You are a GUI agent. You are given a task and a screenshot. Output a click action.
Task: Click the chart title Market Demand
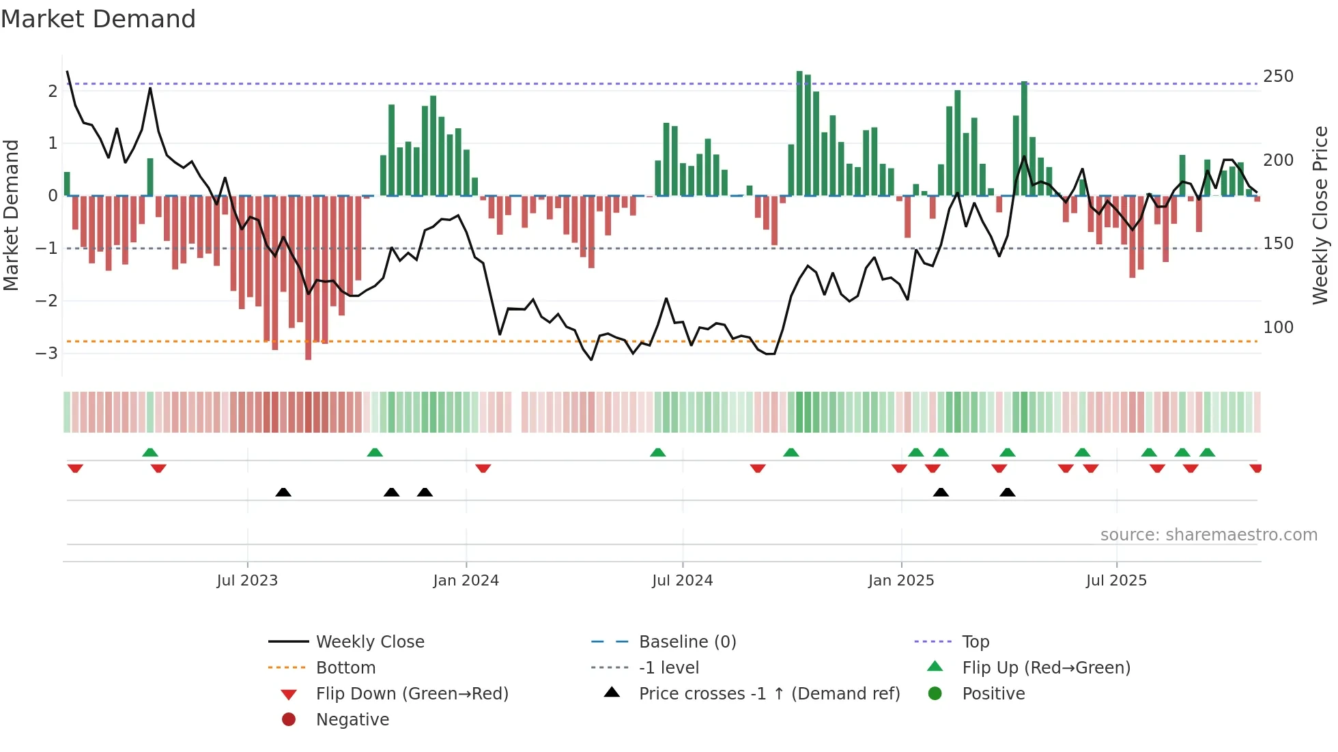coord(98,19)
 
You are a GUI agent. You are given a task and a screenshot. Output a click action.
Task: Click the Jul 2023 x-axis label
coord(247,581)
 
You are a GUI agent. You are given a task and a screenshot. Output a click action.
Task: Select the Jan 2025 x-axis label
coord(901,581)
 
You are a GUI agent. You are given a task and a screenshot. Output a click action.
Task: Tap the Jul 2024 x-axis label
coord(682,581)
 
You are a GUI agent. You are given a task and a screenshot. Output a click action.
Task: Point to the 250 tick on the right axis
coord(1278,76)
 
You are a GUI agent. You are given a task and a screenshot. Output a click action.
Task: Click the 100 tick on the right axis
coord(1278,327)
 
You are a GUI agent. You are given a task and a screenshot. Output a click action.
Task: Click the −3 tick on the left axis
coord(46,353)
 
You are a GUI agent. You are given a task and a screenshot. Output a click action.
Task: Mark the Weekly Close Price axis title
coord(1320,215)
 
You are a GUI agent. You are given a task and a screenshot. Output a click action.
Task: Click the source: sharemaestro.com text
coord(1208,535)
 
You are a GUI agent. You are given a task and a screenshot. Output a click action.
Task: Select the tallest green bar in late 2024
coord(799,133)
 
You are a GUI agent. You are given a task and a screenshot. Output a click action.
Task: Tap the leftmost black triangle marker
coord(283,492)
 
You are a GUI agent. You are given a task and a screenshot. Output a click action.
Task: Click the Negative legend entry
coord(352,719)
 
